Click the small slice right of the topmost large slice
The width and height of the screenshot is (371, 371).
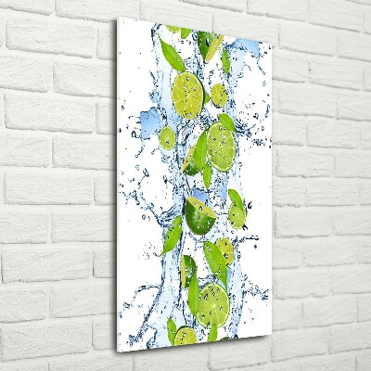219,94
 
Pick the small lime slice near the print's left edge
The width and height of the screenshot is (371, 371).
167,138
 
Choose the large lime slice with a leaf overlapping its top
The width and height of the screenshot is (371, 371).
222,144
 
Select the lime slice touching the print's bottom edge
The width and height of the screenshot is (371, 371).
185,336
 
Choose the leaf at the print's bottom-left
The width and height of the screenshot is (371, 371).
171,326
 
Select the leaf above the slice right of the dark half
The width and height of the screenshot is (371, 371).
235,198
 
